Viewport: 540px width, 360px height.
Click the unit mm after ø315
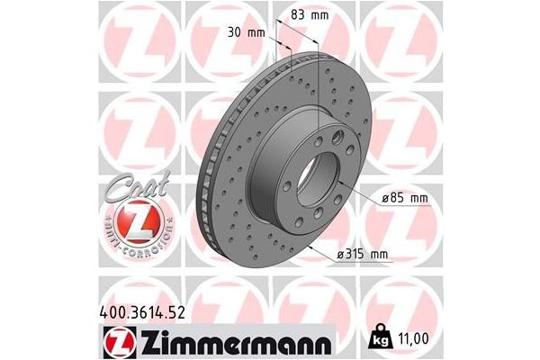378,256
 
